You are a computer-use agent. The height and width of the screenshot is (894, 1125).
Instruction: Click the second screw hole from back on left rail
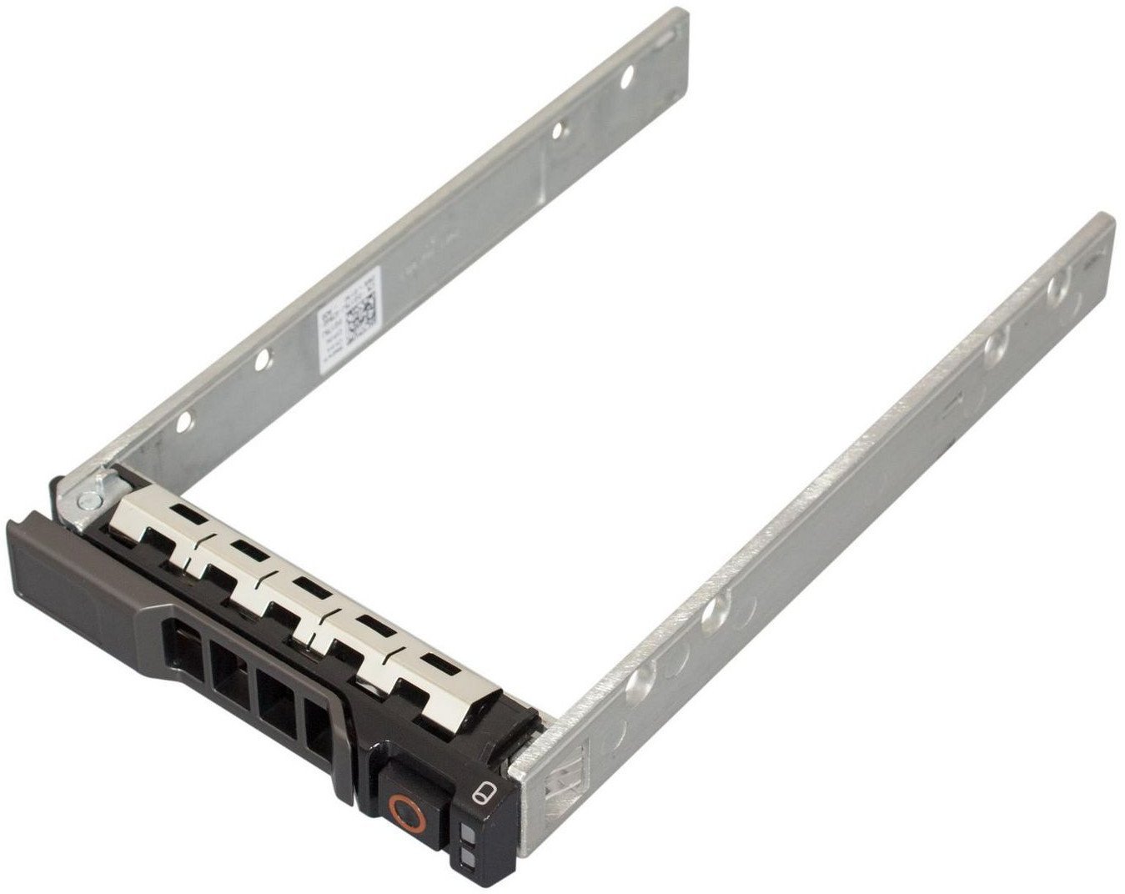(559, 130)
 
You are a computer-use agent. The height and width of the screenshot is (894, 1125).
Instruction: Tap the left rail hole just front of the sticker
(262, 359)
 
